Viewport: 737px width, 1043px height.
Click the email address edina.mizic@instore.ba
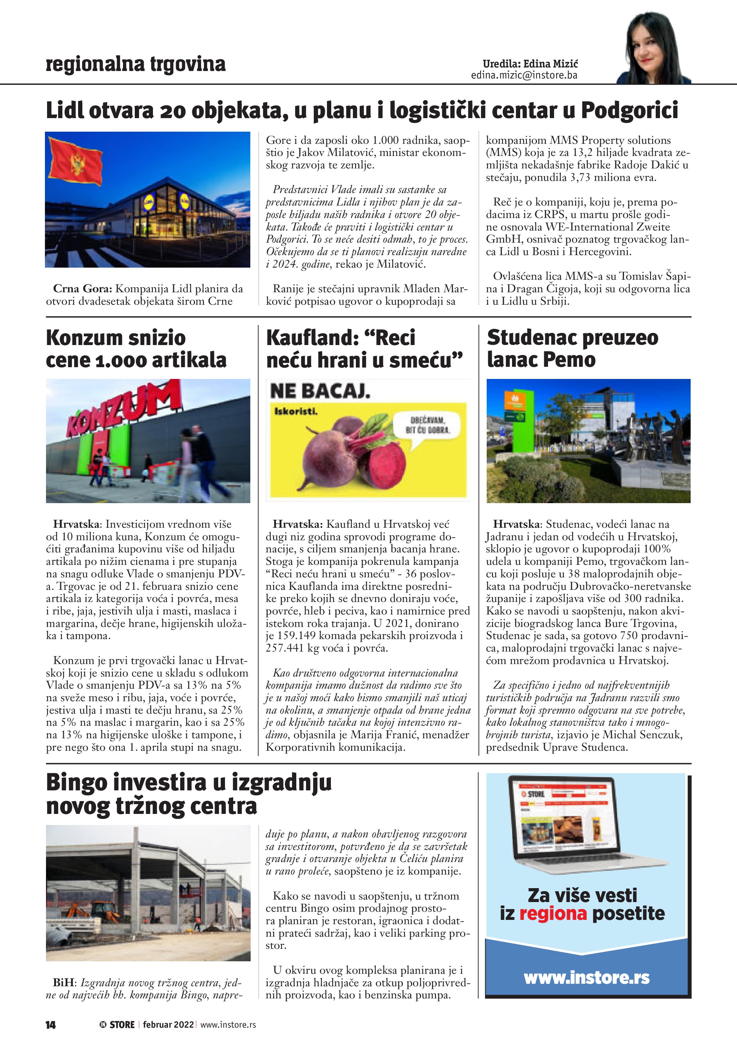(x=524, y=75)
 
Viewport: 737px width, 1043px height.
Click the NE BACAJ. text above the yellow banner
(x=320, y=391)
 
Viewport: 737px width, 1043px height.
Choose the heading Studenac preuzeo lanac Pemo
(x=572, y=348)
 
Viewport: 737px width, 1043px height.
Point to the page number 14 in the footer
(x=50, y=1025)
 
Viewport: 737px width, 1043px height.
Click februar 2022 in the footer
(x=168, y=1024)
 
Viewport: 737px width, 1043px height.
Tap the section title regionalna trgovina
(x=136, y=64)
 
